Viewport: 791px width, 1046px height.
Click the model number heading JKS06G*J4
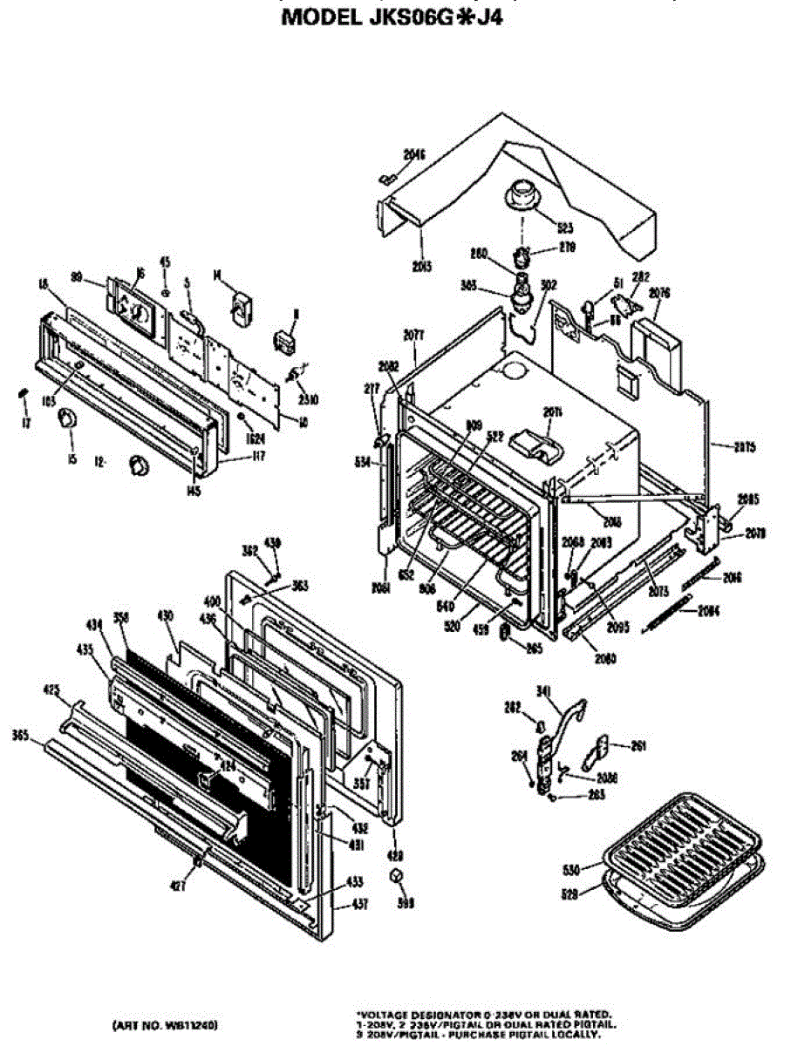coord(392,17)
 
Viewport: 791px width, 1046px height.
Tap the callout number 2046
coord(413,155)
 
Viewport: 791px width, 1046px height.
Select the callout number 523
coord(565,228)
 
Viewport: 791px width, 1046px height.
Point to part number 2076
coord(659,293)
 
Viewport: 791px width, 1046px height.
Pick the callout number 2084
coord(708,611)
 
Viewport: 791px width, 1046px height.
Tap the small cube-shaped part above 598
coord(398,877)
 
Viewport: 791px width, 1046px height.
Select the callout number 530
coord(570,870)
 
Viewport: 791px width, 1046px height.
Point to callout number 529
coord(570,893)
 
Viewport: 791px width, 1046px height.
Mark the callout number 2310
coord(306,400)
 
